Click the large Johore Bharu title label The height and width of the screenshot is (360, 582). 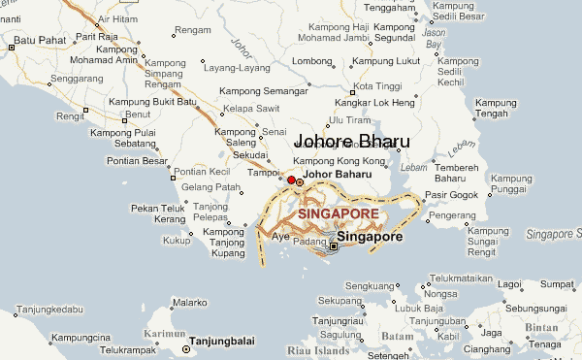pos(351,142)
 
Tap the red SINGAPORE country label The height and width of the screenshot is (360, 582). pos(339,213)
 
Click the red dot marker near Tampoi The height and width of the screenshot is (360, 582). pos(291,180)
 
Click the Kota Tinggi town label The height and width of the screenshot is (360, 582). pos(377,86)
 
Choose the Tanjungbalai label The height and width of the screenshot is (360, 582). pos(226,341)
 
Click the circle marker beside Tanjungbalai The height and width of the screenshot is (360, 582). pos(186,348)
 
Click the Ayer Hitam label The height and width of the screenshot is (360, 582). pos(116,18)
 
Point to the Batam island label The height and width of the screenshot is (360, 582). pos(398,336)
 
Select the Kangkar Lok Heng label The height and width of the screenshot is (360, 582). pos(374,103)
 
